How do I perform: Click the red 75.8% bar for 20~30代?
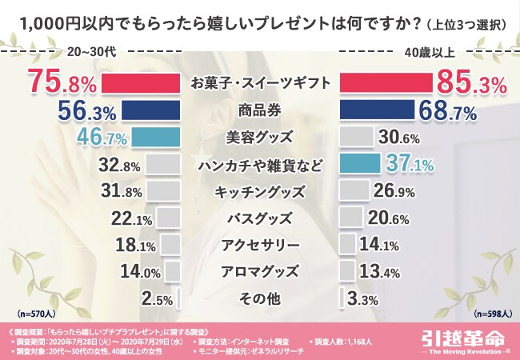coord(141,83)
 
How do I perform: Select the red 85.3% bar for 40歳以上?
coord(385,83)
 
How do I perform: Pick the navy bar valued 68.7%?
coord(377,110)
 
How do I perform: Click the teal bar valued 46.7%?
coord(155,138)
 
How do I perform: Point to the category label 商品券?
coord(259,110)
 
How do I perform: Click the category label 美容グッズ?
coord(259,138)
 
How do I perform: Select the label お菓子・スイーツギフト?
coord(259,83)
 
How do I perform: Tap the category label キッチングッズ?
coord(259,192)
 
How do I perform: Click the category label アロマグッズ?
coord(259,272)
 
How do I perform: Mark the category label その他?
coord(259,299)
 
